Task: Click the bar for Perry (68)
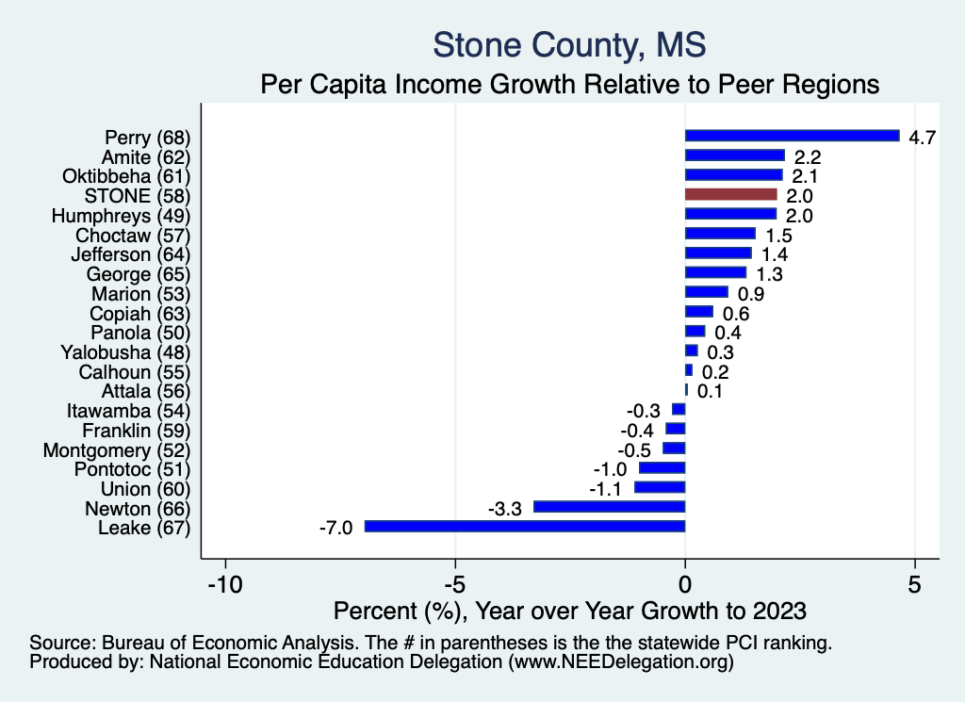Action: pos(792,136)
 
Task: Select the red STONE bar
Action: pos(731,195)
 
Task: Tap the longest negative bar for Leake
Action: pos(525,527)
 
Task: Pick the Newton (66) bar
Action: pos(610,507)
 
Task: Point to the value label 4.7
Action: pos(921,138)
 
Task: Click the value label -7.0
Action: pos(335,528)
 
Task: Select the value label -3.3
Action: pos(504,509)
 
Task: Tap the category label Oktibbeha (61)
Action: pos(126,176)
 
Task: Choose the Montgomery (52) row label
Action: pos(117,450)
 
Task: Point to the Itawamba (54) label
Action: pos(129,411)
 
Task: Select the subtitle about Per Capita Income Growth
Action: pos(569,84)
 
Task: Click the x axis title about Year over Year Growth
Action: pos(569,610)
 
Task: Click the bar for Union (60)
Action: pos(660,487)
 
